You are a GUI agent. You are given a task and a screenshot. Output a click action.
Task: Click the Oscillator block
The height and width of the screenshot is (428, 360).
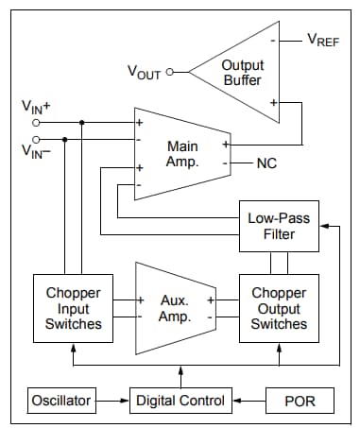pos(61,401)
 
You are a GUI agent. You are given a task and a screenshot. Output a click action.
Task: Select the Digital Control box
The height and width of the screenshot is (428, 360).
pos(180,401)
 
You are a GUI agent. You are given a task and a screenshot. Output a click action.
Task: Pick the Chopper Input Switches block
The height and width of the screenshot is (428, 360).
pos(74,308)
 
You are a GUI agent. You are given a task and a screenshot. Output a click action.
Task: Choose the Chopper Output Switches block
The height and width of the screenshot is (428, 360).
pos(279,308)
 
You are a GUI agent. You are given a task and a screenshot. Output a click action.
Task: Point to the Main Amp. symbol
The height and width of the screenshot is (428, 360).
pos(181,153)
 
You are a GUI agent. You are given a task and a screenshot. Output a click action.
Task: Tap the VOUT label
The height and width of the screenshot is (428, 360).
pos(144,72)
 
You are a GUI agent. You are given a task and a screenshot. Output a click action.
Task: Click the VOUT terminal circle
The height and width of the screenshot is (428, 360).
pos(170,72)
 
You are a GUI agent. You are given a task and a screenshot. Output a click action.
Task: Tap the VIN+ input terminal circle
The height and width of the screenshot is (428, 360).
pos(37,122)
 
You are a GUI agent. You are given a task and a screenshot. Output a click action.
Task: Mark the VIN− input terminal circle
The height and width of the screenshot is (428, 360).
pos(37,138)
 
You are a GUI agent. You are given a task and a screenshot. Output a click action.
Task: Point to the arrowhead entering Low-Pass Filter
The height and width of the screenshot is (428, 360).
pos(326,226)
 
